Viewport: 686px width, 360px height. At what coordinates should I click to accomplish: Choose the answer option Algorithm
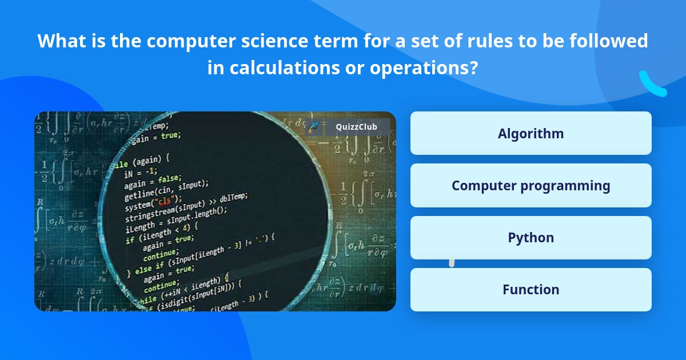coord(531,134)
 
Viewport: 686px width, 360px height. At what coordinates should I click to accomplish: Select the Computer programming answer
coord(531,186)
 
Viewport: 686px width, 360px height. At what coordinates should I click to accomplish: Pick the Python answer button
coord(531,238)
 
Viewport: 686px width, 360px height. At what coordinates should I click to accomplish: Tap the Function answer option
coord(531,290)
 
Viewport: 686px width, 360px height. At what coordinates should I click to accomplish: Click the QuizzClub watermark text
coord(356,127)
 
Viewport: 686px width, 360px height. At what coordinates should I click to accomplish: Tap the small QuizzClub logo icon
coord(314,127)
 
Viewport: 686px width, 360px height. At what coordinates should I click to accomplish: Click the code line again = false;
coord(153,181)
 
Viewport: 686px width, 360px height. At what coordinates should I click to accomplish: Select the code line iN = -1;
coord(140,170)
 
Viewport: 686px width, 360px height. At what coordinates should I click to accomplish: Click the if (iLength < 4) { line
coord(162,231)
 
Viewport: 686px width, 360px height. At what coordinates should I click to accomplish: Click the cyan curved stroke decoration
coord(652,85)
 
